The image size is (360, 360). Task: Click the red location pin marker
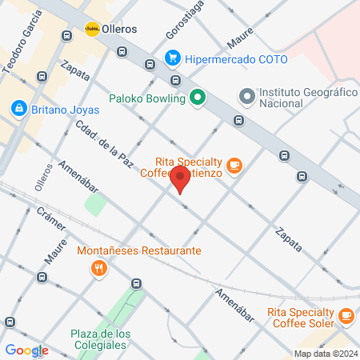click(x=181, y=179)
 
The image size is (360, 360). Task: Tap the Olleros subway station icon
click(x=92, y=29)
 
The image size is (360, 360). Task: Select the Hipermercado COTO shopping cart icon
click(x=172, y=58)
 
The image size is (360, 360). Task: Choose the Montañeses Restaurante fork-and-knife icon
click(x=99, y=269)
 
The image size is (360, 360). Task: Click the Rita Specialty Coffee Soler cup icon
click(x=346, y=316)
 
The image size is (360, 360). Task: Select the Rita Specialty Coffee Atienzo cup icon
click(x=234, y=166)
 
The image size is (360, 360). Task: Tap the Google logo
click(x=26, y=350)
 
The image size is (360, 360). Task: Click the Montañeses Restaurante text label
click(x=139, y=250)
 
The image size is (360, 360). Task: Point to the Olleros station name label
click(x=120, y=29)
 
